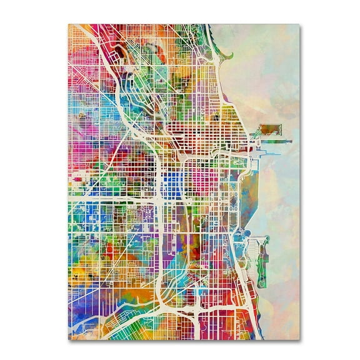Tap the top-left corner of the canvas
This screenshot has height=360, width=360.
[68, 24]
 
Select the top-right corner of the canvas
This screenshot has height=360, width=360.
[295, 24]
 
